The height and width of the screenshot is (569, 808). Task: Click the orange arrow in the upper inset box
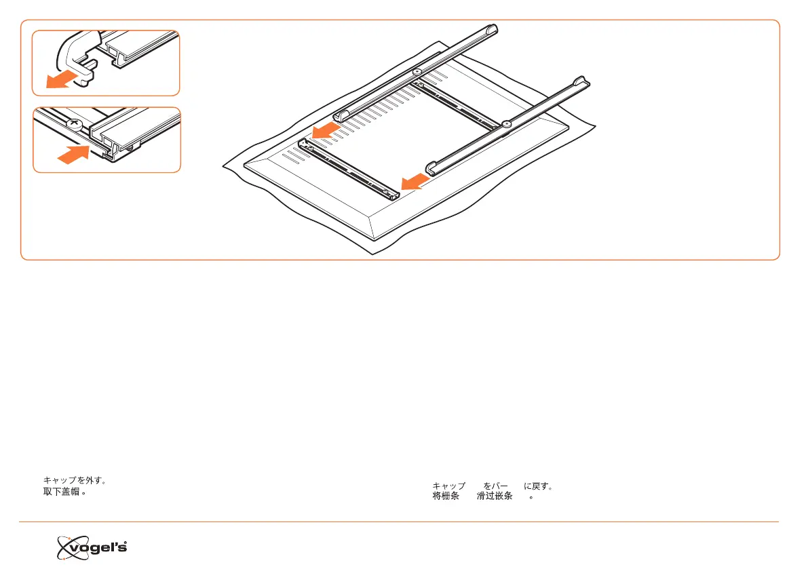pyautogui.click(x=57, y=81)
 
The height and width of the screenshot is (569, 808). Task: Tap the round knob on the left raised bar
pyautogui.click(x=417, y=71)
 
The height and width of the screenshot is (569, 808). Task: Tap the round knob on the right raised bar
pyautogui.click(x=506, y=124)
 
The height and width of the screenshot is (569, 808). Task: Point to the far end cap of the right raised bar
pyautogui.click(x=582, y=82)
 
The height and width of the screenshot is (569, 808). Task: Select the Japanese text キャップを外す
pyautogui.click(x=73, y=480)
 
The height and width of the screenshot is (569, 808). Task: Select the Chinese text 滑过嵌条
pyautogui.click(x=494, y=496)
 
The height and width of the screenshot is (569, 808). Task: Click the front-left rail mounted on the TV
pyautogui.click(x=349, y=168)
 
